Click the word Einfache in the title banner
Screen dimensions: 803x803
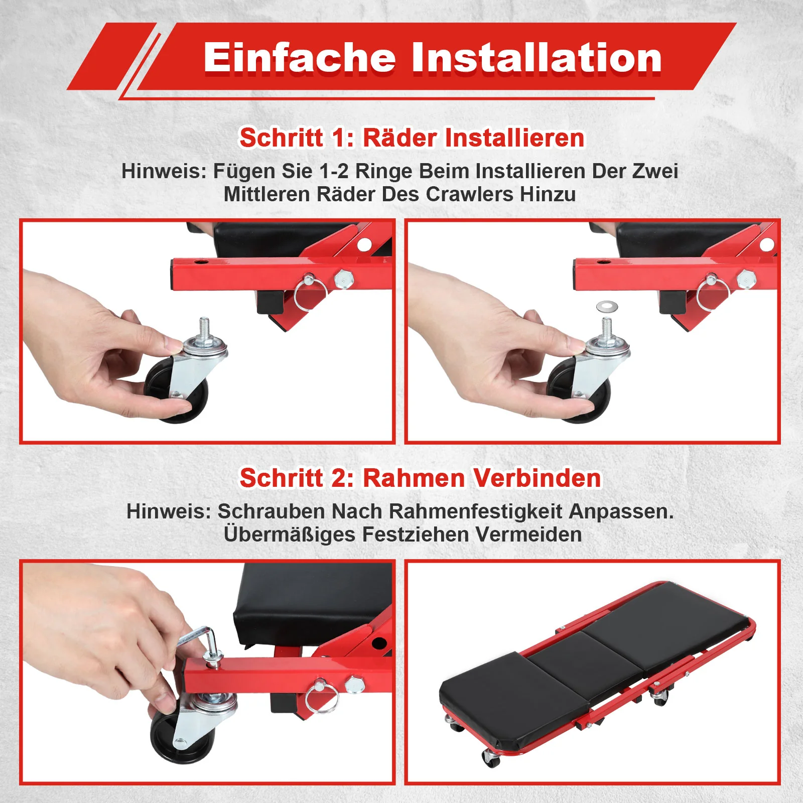click(x=300, y=58)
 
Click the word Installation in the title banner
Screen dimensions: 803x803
click(x=537, y=58)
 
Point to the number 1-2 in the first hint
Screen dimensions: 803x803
click(x=334, y=171)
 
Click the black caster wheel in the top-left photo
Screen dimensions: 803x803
click(x=176, y=391)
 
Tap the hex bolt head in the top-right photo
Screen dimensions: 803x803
click(x=746, y=278)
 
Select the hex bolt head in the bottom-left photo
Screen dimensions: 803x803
click(x=354, y=685)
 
